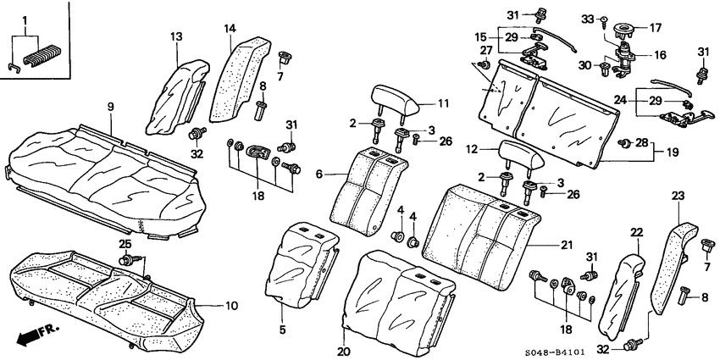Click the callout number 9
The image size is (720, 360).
pyautogui.click(x=110, y=106)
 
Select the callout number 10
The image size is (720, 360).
pyautogui.click(x=230, y=305)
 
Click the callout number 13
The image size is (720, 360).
pyautogui.click(x=176, y=37)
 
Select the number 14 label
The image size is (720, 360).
pyautogui.click(x=230, y=29)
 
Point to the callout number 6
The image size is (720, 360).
pyautogui.click(x=320, y=174)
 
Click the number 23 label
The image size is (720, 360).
pyautogui.click(x=677, y=195)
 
